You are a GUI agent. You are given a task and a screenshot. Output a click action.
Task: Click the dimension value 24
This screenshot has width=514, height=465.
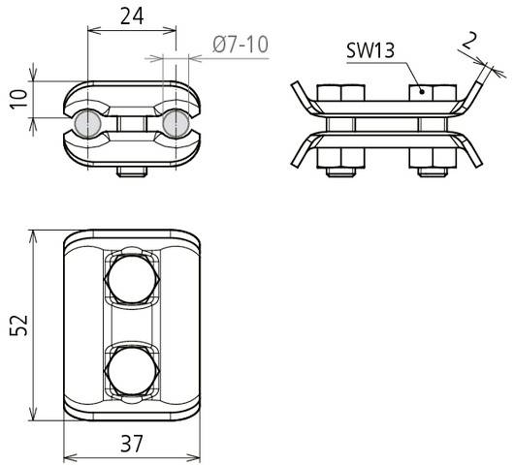click(132, 15)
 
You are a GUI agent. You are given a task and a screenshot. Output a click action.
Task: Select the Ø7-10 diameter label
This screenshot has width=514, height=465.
click(239, 44)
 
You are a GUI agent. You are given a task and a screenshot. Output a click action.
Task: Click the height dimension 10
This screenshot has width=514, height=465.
click(16, 99)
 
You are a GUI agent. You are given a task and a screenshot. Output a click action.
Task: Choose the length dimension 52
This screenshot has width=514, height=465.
click(17, 325)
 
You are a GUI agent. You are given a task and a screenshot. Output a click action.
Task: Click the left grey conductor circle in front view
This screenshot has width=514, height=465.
click(86, 124)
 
